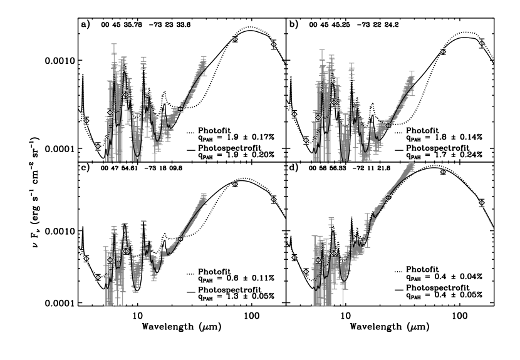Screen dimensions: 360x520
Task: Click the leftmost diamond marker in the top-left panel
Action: (86, 121)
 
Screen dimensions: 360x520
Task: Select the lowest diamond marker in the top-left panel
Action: (98, 146)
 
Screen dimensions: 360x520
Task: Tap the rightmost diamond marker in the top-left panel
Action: (274, 44)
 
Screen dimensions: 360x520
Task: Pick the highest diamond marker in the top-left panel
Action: (235, 39)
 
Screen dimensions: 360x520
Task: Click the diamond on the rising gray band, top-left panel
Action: (180, 109)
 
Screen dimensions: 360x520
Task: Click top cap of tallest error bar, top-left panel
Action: (114, 44)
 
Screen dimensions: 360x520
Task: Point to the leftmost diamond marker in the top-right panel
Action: (294, 115)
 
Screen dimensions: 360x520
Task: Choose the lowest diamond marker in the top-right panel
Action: (306, 140)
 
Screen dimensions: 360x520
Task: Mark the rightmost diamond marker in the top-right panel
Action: (482, 43)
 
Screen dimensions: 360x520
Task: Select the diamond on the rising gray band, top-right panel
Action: (388, 126)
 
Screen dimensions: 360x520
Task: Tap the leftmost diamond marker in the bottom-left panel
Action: (86, 259)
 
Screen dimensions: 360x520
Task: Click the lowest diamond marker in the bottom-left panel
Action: (98, 277)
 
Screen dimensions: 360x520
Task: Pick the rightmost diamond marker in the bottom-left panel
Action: (274, 199)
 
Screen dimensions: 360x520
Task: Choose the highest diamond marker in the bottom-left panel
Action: (235, 184)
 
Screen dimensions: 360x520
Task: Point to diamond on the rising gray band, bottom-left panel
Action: (180, 239)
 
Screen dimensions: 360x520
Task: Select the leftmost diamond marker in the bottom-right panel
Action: (294, 257)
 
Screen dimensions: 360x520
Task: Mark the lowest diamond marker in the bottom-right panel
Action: (306, 272)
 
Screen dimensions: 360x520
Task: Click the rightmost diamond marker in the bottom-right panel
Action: (482, 202)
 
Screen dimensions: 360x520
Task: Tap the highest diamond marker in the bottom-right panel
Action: (443, 172)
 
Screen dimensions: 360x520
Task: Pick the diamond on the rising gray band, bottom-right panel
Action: (388, 198)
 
